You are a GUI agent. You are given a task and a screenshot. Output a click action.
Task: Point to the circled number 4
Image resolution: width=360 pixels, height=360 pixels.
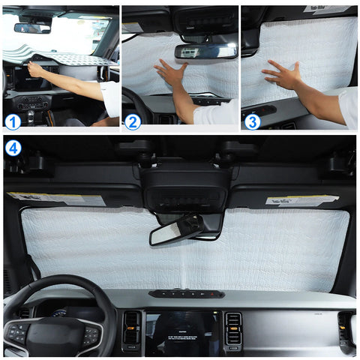tap(13, 147)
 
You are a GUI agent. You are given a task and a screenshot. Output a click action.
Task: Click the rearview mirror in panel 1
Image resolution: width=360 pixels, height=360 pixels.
tap(32, 28)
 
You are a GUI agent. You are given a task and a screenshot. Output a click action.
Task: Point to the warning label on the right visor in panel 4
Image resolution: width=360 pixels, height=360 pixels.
tap(301, 200)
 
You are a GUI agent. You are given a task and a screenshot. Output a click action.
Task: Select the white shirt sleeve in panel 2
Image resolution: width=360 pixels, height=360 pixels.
tap(217, 114)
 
